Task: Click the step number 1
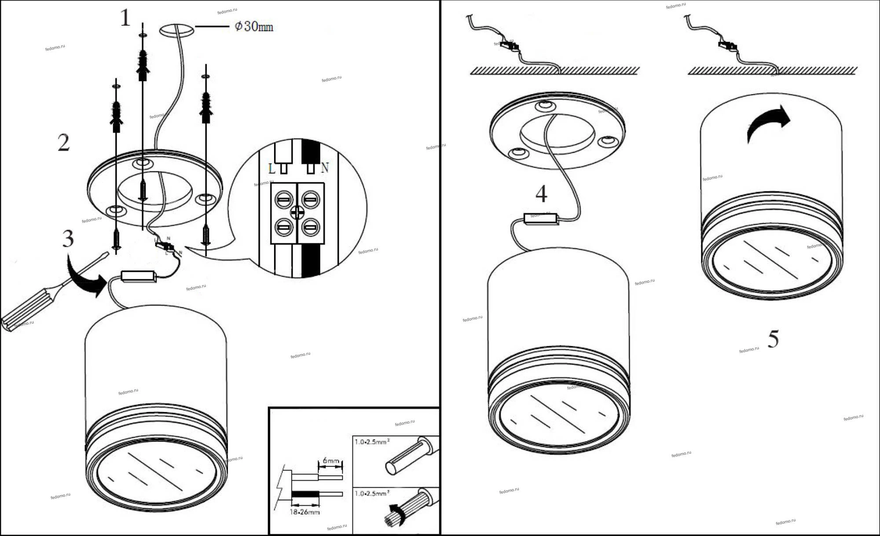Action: [125, 18]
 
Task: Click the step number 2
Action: [64, 143]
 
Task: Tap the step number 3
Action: [68, 239]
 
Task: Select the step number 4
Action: [541, 194]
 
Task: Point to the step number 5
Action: [773, 339]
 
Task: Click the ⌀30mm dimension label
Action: [254, 27]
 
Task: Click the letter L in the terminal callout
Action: [272, 168]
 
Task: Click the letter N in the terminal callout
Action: [325, 168]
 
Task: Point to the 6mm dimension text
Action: [330, 460]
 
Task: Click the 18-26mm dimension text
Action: [304, 512]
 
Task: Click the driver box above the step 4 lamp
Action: [541, 219]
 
